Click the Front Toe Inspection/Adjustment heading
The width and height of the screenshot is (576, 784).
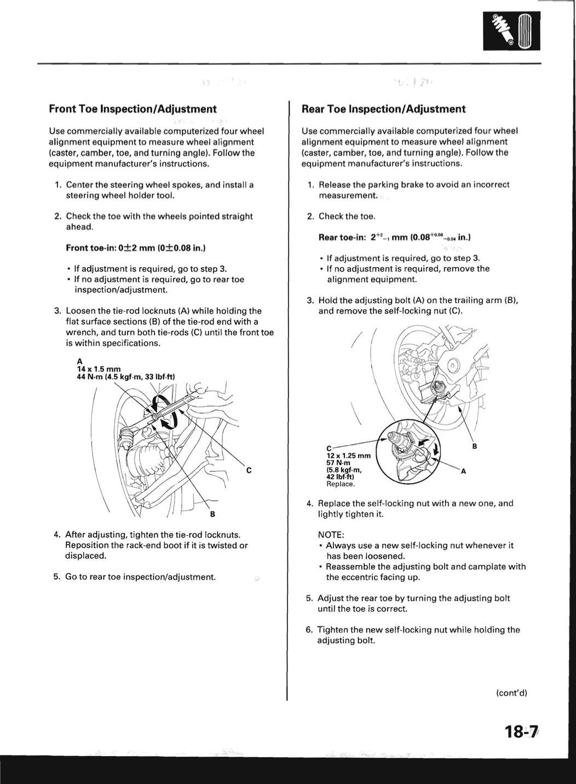tap(133, 109)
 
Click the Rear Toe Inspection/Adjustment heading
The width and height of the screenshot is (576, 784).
tap(383, 109)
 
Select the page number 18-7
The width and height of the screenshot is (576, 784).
tap(522, 732)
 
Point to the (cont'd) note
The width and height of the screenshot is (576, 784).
tap(511, 692)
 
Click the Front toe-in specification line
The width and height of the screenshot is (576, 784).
tap(135, 248)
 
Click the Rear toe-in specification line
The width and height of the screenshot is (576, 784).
tap(394, 237)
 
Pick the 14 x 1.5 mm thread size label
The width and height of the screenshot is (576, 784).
tap(99, 369)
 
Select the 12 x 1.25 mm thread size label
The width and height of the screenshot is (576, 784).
tap(348, 456)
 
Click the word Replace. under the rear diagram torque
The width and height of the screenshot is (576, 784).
tap(341, 484)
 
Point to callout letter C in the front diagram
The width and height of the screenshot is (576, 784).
tap(249, 470)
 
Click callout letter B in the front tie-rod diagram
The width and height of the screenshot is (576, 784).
tap(212, 514)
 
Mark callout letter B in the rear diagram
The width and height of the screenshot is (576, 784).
tap(474, 447)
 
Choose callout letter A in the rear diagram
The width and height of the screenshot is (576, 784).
tap(463, 471)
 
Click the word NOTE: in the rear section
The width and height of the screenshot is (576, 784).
tap(331, 535)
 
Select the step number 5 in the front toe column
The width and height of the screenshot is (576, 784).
tap(56, 577)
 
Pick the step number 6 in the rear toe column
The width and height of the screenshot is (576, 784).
tap(309, 630)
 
